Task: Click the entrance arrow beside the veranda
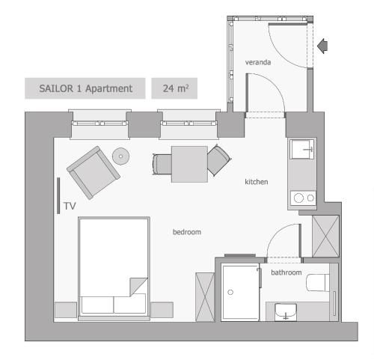[x=322, y=46]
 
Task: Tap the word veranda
[x=258, y=62]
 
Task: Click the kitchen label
[x=257, y=182]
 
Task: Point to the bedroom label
[x=187, y=232]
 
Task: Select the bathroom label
[x=286, y=272]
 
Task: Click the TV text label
[x=70, y=206]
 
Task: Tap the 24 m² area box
[x=174, y=88]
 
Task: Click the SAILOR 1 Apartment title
[x=85, y=88]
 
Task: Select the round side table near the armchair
[x=120, y=156]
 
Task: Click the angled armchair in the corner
[x=93, y=172]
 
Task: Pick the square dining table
[x=189, y=164]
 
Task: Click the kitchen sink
[x=302, y=149]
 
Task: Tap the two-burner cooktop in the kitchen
[x=303, y=198]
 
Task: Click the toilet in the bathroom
[x=318, y=283]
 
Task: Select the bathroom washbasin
[x=286, y=312]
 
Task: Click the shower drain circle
[x=230, y=292]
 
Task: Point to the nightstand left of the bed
[x=66, y=310]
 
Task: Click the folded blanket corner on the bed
[x=138, y=287]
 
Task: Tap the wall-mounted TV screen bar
[x=58, y=195]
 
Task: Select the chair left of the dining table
[x=162, y=164]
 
